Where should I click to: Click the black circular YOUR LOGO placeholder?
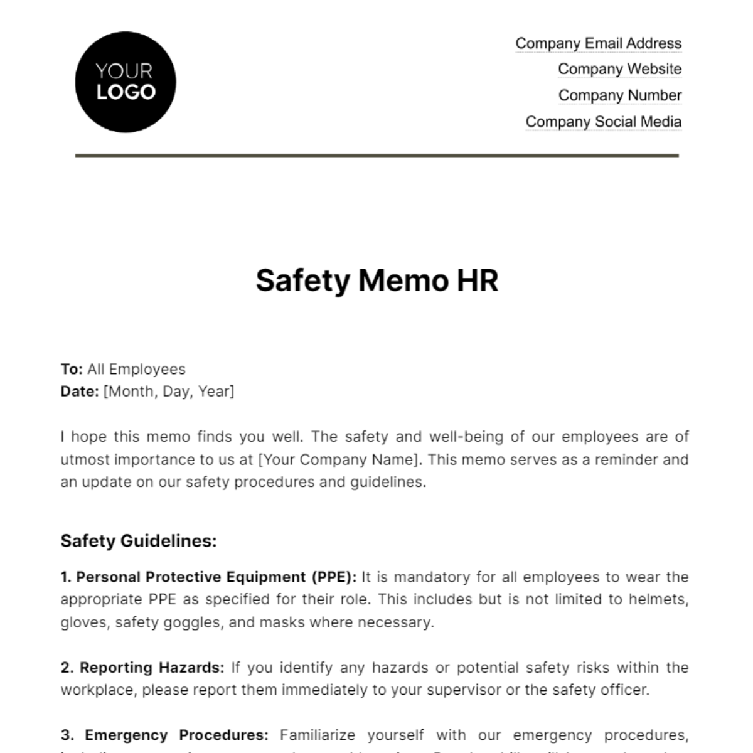pos(125,82)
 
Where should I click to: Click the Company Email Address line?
pos(598,43)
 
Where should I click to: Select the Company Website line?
pos(619,69)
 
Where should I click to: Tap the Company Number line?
pos(619,95)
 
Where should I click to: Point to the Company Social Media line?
pos(603,122)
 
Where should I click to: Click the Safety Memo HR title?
pos(376,280)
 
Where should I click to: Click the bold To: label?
pos(72,370)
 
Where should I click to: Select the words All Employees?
pos(136,370)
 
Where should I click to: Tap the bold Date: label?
pos(79,392)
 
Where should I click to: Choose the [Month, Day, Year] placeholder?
pos(168,392)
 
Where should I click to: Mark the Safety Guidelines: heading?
pos(139,541)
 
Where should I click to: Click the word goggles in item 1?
pos(216,622)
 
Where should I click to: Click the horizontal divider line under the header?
pos(376,155)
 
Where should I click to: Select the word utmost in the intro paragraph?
pos(82,459)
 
